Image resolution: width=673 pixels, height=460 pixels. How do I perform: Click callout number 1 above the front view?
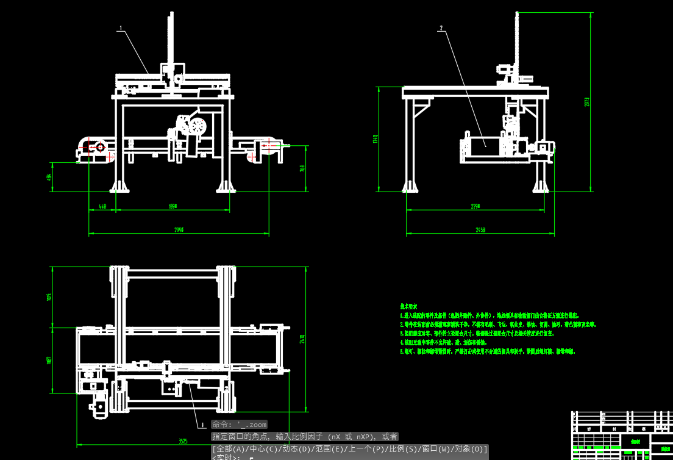point(121,28)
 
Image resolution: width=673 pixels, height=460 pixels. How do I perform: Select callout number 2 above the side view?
point(441,27)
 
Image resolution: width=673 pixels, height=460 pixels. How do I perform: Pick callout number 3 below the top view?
point(202,425)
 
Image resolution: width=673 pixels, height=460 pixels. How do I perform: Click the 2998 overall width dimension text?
point(179,230)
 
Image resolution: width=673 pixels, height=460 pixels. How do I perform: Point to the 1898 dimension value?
point(173,207)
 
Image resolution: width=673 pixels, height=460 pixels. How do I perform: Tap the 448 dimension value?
point(102,207)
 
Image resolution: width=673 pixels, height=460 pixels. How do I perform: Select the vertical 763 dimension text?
point(303,168)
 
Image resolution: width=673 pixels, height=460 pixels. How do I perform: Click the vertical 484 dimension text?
point(49,177)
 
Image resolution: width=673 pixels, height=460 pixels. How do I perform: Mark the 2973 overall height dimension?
point(587,101)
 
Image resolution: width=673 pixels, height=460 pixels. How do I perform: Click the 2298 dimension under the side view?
point(475,207)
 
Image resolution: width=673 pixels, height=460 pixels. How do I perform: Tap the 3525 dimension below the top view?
point(183,440)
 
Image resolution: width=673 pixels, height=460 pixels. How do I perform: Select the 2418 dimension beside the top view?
point(302,339)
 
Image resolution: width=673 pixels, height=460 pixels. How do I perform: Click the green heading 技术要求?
point(408,306)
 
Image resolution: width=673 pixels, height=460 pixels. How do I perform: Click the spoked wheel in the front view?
point(197,127)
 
